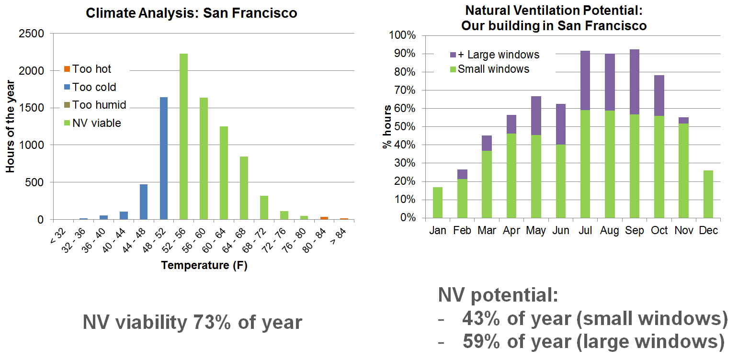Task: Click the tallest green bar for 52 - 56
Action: (183, 136)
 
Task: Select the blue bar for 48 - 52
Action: (163, 158)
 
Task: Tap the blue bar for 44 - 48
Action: (143, 202)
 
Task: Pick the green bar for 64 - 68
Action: (244, 188)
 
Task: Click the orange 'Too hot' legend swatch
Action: (67, 69)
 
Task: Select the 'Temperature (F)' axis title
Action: (204, 265)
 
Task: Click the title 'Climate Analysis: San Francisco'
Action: (192, 13)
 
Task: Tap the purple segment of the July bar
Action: (585, 80)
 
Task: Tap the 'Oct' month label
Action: (659, 231)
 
